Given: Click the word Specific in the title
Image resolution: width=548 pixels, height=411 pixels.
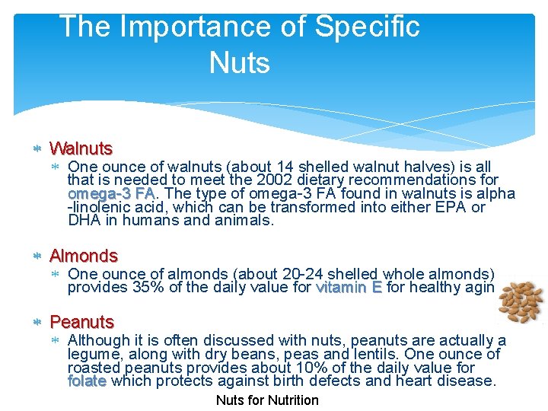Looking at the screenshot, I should click(x=368, y=27).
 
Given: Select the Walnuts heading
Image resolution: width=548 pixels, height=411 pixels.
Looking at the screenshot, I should click(x=81, y=148).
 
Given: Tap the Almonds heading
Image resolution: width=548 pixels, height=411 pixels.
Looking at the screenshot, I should click(x=84, y=256).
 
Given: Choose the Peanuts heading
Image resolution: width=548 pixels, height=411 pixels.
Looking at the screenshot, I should click(x=81, y=322).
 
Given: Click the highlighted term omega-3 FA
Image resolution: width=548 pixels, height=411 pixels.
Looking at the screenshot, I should click(x=111, y=193).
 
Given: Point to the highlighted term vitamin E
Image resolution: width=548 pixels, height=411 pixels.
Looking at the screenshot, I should click(x=349, y=288).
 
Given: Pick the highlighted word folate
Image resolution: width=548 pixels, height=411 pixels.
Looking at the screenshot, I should click(x=87, y=381).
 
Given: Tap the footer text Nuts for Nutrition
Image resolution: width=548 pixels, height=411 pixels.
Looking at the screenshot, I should click(x=267, y=400).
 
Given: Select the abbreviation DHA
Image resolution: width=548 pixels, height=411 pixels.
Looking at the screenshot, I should click(x=84, y=221).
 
